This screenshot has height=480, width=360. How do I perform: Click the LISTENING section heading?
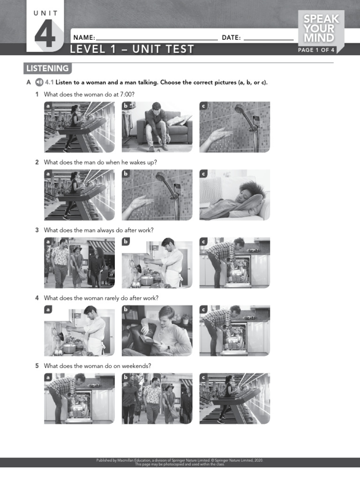coord(47,68)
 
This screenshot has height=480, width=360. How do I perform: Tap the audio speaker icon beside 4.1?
coord(39,82)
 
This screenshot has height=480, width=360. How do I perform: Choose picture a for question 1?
coord(79,127)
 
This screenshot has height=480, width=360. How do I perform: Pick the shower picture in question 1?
coord(234,127)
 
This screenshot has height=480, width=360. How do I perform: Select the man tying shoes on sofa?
coord(157,127)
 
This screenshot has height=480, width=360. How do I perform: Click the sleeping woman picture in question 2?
coord(234,195)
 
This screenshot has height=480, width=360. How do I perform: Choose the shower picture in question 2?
coord(157,195)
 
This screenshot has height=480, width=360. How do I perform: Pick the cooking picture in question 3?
coord(157,263)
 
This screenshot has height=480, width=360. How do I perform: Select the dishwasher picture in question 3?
coord(234,263)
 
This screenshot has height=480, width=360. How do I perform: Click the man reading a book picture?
coord(157,331)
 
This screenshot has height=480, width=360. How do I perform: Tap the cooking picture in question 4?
coord(79,331)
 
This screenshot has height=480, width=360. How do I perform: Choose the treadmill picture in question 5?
coord(234,399)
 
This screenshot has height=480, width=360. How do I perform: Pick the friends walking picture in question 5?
coord(157,399)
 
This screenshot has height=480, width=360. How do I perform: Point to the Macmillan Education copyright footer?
coord(180,462)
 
